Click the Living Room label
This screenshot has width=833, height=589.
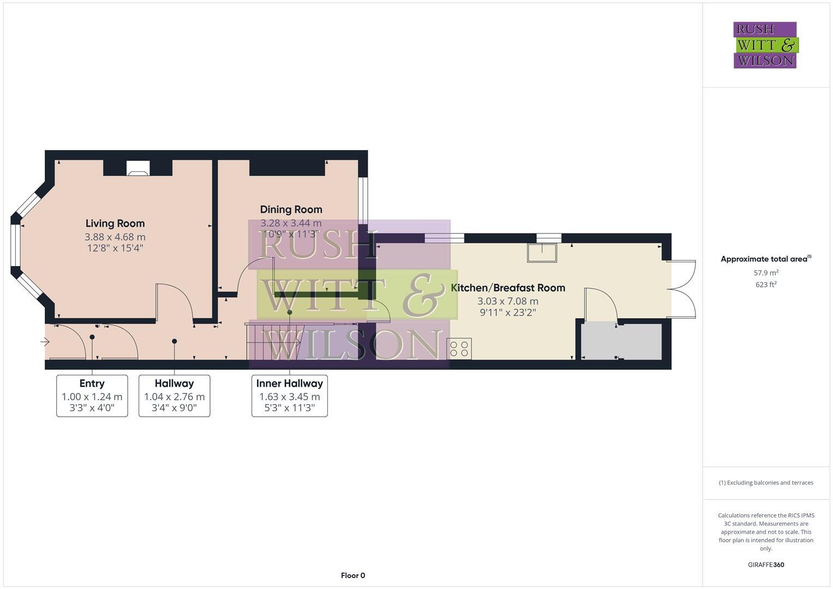115,224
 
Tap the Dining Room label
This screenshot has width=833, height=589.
291,209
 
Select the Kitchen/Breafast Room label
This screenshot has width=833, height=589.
508,288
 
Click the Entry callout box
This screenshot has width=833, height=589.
92,396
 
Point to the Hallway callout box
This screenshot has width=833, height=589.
174,396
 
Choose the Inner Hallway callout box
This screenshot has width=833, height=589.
289,396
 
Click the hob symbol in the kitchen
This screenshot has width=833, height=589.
459,349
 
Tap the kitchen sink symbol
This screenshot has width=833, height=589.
542,253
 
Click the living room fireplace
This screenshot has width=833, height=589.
137,168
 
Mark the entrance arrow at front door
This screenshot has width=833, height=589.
45,342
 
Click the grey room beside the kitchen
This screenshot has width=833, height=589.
621,341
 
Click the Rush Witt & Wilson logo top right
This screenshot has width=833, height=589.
765,45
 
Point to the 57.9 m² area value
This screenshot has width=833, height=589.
765,273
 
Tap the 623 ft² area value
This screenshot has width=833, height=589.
765,285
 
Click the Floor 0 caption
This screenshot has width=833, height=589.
352,575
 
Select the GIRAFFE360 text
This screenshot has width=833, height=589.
765,565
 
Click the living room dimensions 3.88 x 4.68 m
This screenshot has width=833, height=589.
115,237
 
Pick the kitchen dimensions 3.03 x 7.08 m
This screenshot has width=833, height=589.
508,301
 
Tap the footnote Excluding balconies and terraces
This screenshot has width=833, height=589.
765,483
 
